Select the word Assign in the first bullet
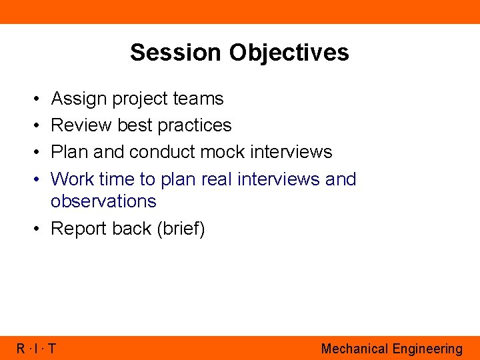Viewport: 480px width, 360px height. (x=79, y=99)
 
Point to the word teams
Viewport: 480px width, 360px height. (x=198, y=99)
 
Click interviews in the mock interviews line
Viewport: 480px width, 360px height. (x=291, y=152)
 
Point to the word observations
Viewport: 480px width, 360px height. (x=103, y=201)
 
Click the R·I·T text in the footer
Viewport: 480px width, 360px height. (x=36, y=349)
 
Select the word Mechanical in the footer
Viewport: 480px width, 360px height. (x=354, y=349)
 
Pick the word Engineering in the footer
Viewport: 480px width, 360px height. (x=427, y=349)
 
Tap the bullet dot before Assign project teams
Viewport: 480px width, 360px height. (x=34, y=99)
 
